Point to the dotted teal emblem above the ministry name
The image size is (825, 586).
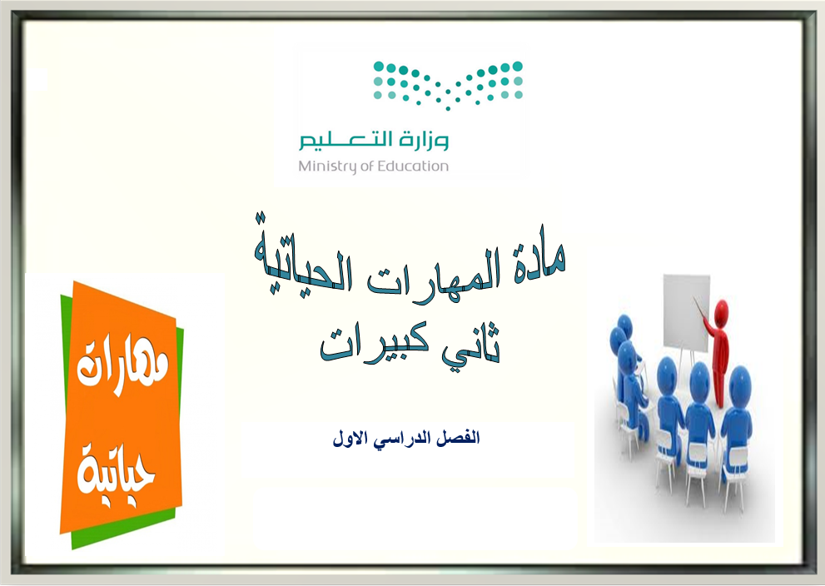pos(448,84)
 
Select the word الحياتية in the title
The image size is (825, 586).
pos(306,261)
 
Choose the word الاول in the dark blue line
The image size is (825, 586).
pos(352,439)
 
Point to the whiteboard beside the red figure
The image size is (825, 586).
pos(686,314)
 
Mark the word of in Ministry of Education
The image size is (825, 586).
pos(365,166)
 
